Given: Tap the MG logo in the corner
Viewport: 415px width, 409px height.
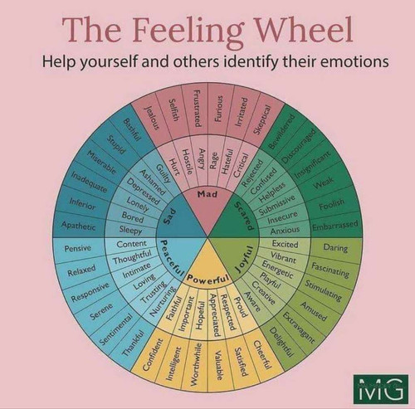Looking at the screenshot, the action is point(381,389).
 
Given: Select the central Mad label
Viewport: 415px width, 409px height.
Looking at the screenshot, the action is point(207,194).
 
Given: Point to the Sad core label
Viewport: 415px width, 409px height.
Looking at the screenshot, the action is point(169,216).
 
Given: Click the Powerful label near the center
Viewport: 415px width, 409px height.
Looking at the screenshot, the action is point(208,280).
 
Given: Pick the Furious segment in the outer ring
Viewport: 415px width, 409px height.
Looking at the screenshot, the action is point(219,109).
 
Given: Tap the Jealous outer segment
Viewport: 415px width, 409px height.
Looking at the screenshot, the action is point(153,118).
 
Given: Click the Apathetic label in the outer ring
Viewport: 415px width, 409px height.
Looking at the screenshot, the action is point(79,226).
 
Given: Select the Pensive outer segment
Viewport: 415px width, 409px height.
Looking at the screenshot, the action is point(77,248).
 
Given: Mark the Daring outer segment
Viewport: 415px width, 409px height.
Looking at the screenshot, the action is point(335,247).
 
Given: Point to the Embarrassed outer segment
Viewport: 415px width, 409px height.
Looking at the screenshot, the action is point(335,225).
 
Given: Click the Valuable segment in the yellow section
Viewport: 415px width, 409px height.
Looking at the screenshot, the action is point(219,366).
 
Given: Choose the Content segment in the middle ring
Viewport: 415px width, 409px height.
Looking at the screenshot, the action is point(131,244).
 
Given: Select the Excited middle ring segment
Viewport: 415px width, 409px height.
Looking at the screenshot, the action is point(285,244).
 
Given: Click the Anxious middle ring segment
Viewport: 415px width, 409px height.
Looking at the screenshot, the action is point(285,230).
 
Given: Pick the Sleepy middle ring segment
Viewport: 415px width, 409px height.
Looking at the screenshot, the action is point(130,230).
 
